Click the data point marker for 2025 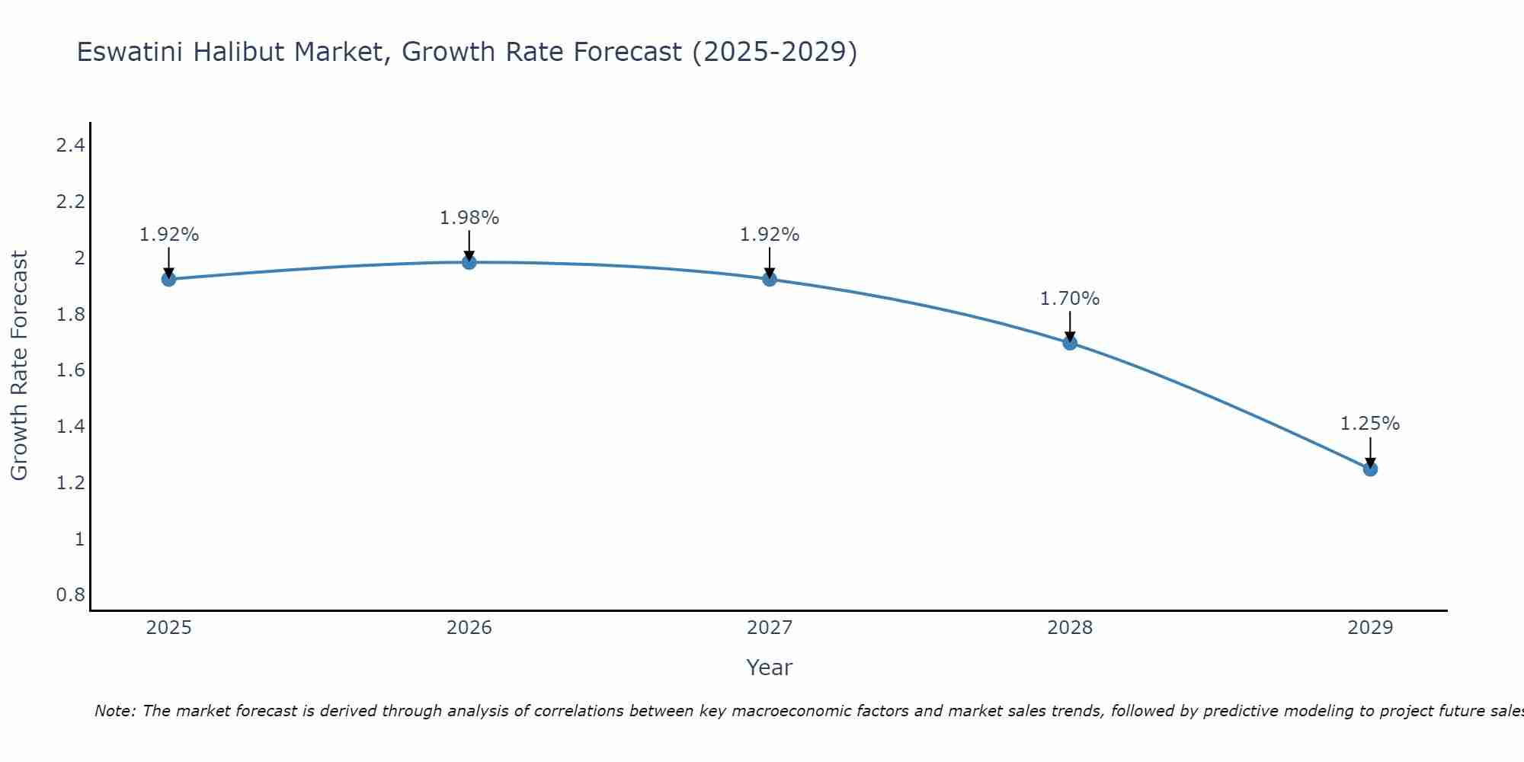coord(168,279)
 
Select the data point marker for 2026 coord(469,262)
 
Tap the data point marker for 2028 coord(1070,343)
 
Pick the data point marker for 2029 coord(1370,469)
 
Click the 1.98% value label coord(469,218)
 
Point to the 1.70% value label coord(1070,299)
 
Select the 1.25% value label coord(1370,424)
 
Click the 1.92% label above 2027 coord(770,235)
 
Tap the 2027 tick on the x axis coord(770,628)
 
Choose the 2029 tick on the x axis coord(1370,628)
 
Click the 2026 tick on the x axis coord(469,628)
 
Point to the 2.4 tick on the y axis coord(70,146)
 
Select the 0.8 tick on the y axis coord(70,594)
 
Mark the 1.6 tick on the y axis coord(70,370)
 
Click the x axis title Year coord(770,668)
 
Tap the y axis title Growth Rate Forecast coord(19,366)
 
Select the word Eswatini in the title coord(130,52)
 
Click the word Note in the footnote coord(114,711)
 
